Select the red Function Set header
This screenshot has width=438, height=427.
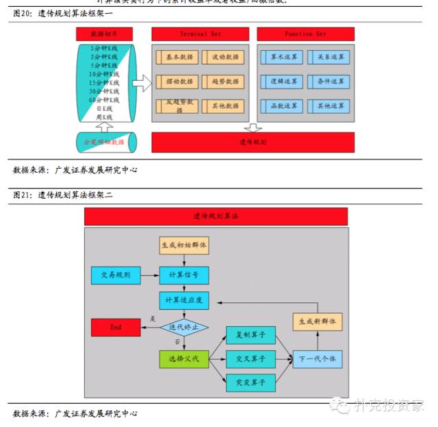pyautogui.click(x=305, y=34)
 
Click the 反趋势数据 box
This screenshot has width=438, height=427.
pyautogui.click(x=178, y=106)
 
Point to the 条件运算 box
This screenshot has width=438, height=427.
pyautogui.click(x=328, y=82)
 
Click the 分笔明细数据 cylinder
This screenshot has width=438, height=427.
pyautogui.click(x=105, y=142)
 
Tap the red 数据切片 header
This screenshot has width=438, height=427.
pyautogui.click(x=105, y=34)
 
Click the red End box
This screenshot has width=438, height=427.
pyautogui.click(x=116, y=327)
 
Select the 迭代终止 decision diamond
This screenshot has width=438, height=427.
pyautogui.click(x=183, y=327)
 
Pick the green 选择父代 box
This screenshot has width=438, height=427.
pyautogui.click(x=183, y=358)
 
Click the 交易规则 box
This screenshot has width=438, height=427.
pyautogui.click(x=116, y=276)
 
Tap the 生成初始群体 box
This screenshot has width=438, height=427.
pyautogui.click(x=183, y=245)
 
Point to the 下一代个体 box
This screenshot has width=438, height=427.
pyautogui.click(x=318, y=358)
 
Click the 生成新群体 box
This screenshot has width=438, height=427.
pyautogui.click(x=318, y=321)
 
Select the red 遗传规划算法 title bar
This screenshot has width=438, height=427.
pyautogui.click(x=216, y=216)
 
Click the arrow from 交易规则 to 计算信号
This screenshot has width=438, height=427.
pyautogui.click(x=150, y=276)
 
